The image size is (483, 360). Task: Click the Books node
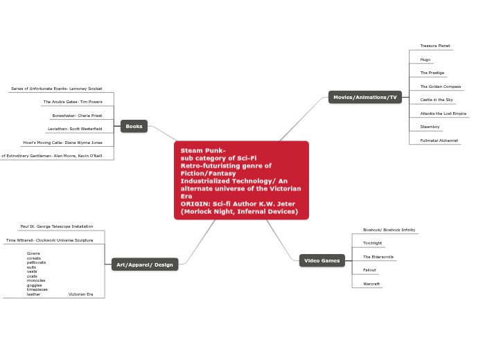tap(134, 126)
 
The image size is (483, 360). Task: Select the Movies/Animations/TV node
tap(365, 98)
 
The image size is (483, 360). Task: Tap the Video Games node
tap(322, 261)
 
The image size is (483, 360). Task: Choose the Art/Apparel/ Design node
tap(145, 264)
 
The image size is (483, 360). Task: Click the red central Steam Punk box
tap(241, 180)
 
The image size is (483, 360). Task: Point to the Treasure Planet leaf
tap(434, 46)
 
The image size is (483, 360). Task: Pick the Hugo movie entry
tap(425, 60)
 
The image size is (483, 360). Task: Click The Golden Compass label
tap(440, 87)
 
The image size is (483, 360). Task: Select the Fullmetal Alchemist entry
tap(439, 141)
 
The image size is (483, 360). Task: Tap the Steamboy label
tap(430, 127)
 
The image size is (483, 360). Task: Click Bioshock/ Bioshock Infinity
tap(389, 229)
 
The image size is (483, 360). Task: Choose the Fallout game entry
tap(369, 270)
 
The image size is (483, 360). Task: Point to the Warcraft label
tap(371, 284)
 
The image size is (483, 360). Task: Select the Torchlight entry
tap(372, 243)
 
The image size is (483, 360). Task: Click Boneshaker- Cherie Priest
tap(77, 116)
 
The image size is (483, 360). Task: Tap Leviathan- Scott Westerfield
tap(75, 129)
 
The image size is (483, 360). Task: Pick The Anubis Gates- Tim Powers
tap(73, 102)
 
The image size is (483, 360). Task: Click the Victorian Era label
tap(80, 294)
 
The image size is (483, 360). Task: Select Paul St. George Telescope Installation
tap(57, 226)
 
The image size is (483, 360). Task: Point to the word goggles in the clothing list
tap(34, 285)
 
